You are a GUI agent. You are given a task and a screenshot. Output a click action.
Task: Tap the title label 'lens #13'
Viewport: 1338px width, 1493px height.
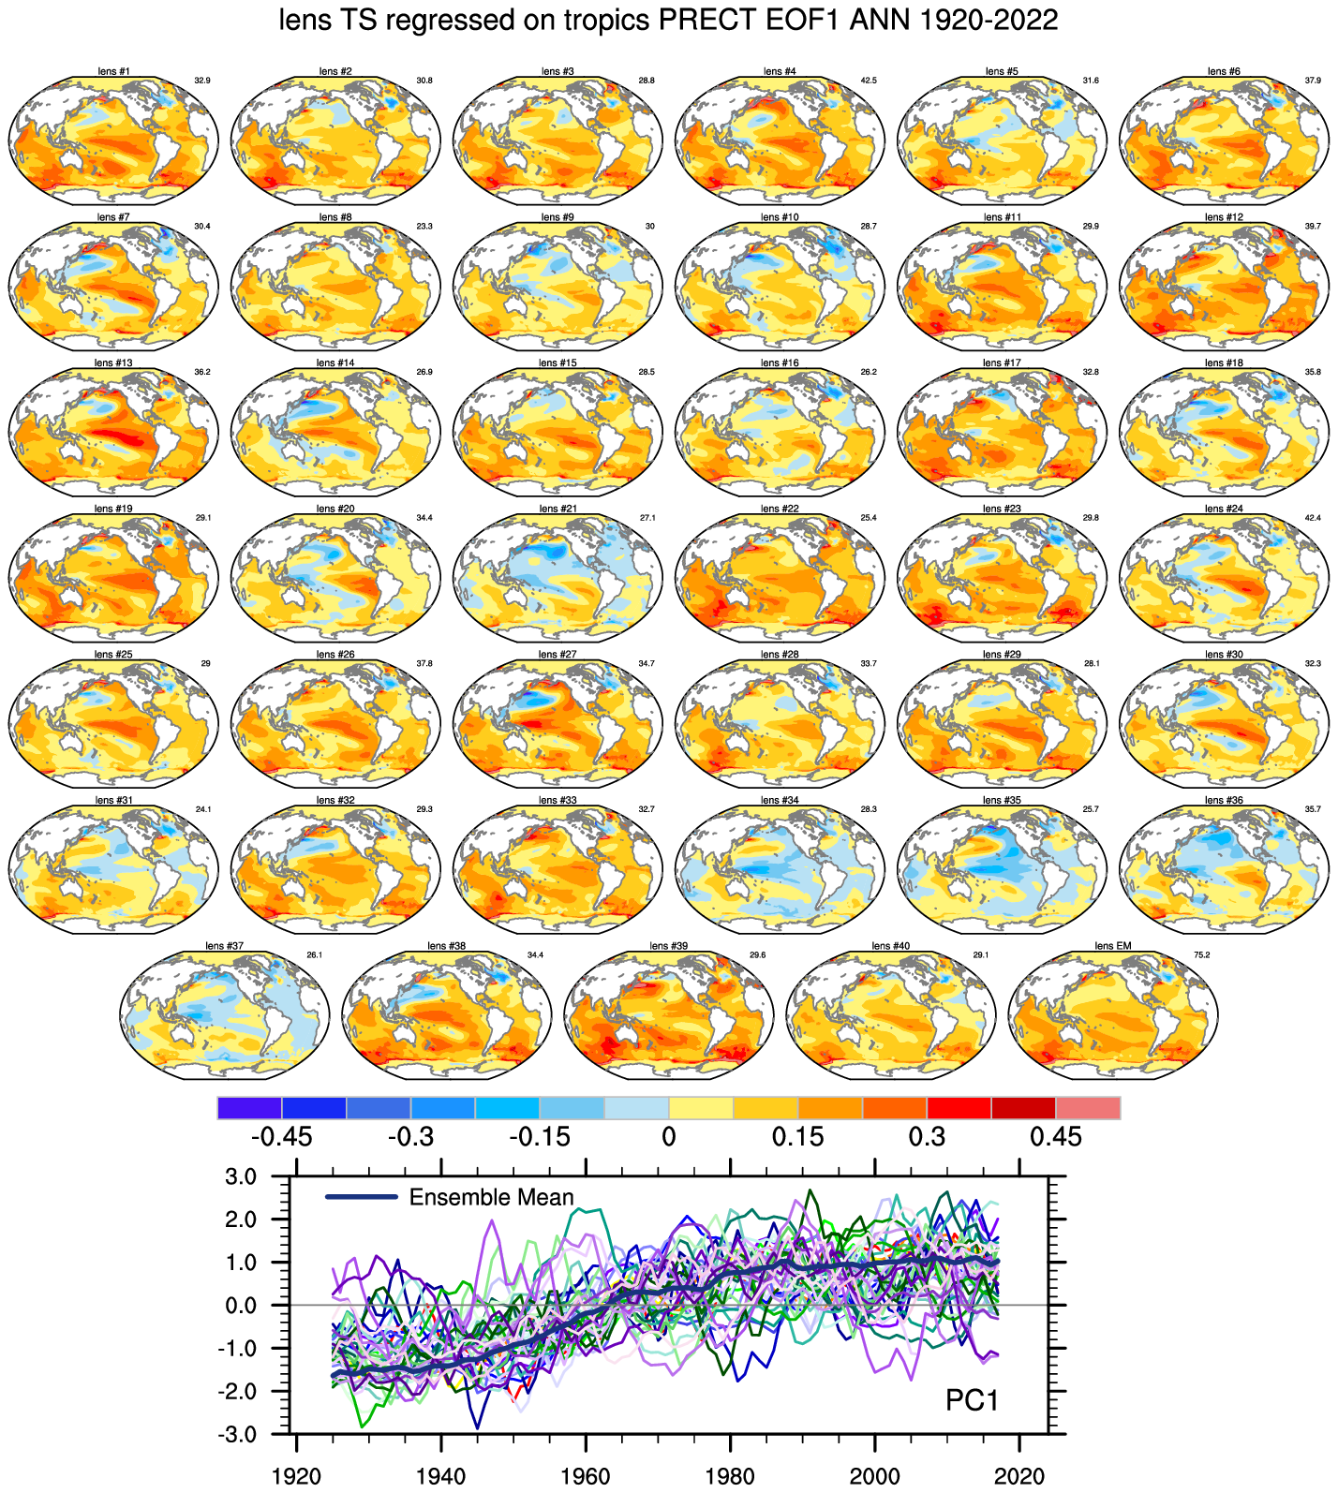(113, 363)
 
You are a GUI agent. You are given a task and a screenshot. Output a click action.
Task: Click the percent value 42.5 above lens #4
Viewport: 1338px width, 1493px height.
(868, 81)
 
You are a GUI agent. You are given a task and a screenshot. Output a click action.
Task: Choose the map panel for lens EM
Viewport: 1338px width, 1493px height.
(1112, 1016)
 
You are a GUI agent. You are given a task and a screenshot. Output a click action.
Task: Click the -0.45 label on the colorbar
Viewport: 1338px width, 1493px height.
(281, 1138)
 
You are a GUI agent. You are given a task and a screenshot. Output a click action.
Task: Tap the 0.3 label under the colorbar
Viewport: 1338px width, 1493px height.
(927, 1138)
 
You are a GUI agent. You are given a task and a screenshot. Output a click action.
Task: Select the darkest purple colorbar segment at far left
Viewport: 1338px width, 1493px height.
(249, 1108)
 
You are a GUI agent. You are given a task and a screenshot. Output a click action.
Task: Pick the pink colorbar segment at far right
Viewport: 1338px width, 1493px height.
(1088, 1108)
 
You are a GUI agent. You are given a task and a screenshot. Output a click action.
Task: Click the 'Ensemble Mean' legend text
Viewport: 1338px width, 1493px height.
(491, 1198)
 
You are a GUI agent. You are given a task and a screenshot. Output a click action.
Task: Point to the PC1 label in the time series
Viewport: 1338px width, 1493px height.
(972, 1401)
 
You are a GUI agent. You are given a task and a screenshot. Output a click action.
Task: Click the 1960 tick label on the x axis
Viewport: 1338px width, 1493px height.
(585, 1478)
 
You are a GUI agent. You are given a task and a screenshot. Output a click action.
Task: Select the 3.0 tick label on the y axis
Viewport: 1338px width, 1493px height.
(263, 1176)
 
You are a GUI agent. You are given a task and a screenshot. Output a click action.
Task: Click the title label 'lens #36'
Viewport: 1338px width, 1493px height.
(1224, 801)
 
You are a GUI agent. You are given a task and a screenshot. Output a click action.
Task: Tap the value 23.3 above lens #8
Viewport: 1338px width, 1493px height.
(424, 227)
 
